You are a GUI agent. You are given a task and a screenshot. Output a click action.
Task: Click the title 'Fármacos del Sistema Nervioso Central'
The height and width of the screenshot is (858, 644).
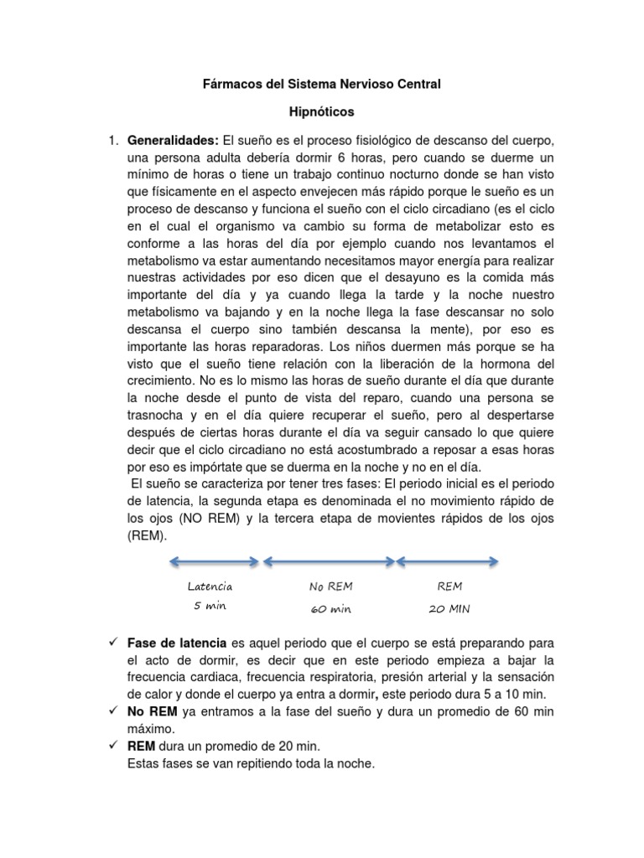pos(323,84)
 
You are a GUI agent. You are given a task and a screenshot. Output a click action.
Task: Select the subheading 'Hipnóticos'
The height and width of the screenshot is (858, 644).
pos(322,111)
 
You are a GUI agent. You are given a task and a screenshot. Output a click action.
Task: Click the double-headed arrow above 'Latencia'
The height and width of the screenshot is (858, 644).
pos(208,561)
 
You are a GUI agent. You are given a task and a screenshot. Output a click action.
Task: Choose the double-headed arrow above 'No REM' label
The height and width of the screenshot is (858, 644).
pos(329,561)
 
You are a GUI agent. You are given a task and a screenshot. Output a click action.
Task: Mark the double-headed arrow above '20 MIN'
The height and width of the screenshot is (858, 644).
pos(449,561)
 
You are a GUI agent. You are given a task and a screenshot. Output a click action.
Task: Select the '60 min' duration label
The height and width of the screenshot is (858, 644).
pos(330,609)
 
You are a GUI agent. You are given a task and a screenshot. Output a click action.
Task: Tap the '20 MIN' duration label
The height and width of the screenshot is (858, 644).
pos(449,609)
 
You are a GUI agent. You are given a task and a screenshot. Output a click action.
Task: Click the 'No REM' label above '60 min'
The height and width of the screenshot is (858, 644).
pos(330,587)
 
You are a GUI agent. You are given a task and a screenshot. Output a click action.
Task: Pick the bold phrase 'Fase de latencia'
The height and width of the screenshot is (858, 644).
pos(177,642)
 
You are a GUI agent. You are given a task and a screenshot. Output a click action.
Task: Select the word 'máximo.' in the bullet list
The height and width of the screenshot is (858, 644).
pos(151,729)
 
